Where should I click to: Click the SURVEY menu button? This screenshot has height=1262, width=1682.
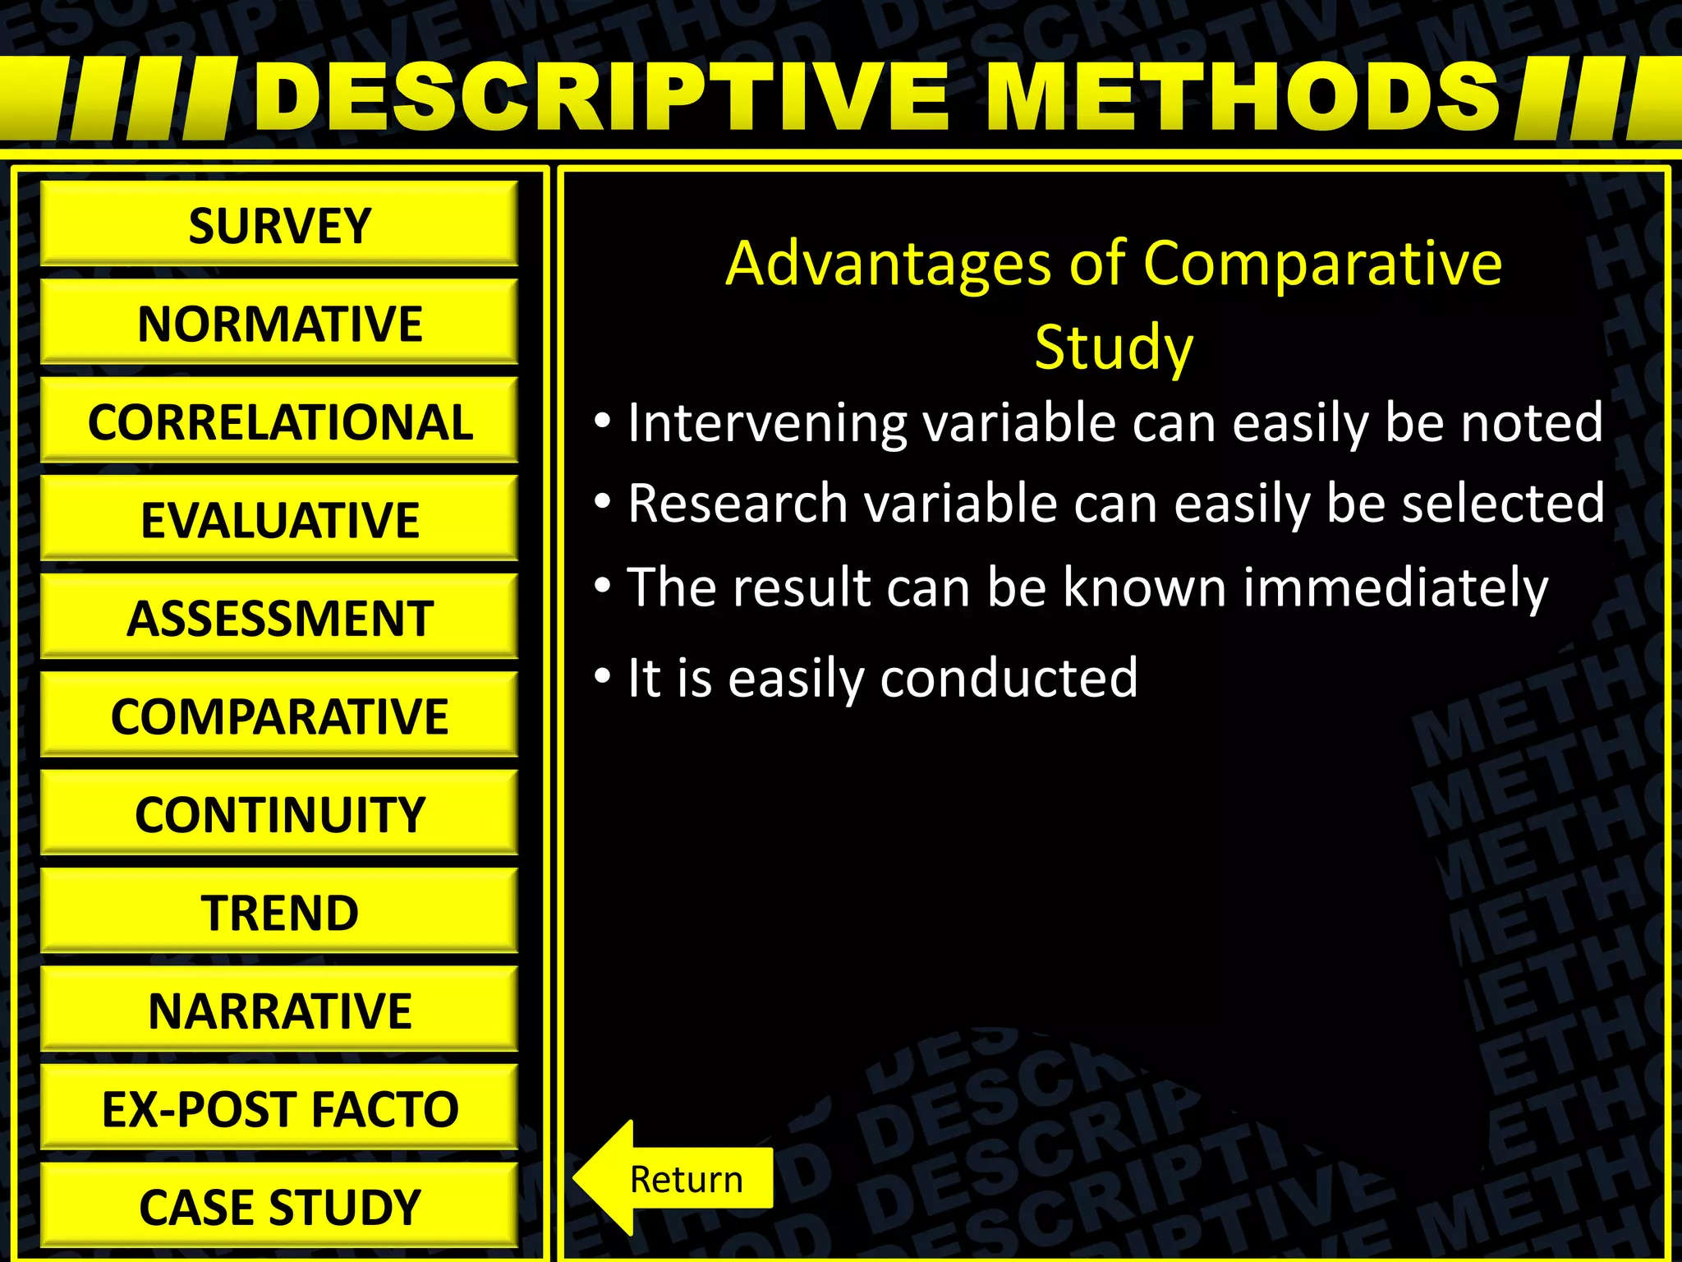[279, 224]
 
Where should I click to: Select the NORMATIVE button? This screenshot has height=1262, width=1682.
[279, 322]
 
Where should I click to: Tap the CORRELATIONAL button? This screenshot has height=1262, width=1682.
[279, 421]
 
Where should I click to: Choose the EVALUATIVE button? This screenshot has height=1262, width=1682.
[279, 518]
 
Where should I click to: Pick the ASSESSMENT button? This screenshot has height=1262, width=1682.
[279, 617]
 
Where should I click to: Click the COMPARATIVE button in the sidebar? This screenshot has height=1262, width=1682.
[279, 715]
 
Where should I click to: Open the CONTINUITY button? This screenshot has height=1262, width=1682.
[279, 813]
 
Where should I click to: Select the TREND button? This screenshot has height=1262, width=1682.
[279, 911]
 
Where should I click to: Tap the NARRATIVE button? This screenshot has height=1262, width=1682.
[279, 1010]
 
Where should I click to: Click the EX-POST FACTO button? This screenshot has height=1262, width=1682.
[279, 1108]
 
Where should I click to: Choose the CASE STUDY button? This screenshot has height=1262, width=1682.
[279, 1205]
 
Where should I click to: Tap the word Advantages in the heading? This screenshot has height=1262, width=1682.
[888, 265]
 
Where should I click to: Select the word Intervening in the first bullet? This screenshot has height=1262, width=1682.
[767, 423]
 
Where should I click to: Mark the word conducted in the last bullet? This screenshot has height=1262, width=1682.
[1009, 679]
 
